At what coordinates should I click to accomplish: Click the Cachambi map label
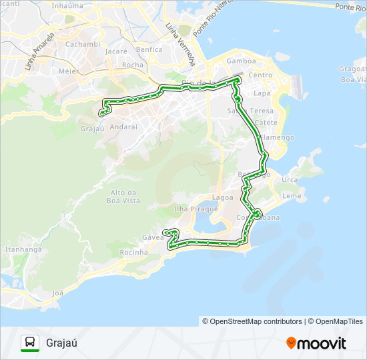pyautogui.click(x=83, y=44)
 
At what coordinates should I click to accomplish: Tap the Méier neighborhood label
pyautogui.click(x=69, y=71)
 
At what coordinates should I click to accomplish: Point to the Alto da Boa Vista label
pyautogui.click(x=123, y=196)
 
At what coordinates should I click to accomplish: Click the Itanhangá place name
pyautogui.click(x=23, y=249)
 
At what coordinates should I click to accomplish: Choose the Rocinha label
pyautogui.click(x=133, y=253)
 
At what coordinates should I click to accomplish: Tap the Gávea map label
pyautogui.click(x=153, y=237)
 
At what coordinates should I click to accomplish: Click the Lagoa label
pyautogui.click(x=223, y=197)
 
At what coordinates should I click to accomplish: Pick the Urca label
pyautogui.click(x=290, y=180)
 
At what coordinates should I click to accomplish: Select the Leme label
pyautogui.click(x=292, y=196)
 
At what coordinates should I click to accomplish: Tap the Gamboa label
pyautogui.click(x=241, y=61)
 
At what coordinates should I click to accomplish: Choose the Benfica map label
pyautogui.click(x=149, y=49)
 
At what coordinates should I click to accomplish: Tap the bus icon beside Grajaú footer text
pyautogui.click(x=30, y=343)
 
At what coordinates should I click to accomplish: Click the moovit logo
pyautogui.click(x=316, y=343)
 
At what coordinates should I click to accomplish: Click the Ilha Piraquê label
pyautogui.click(x=196, y=209)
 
